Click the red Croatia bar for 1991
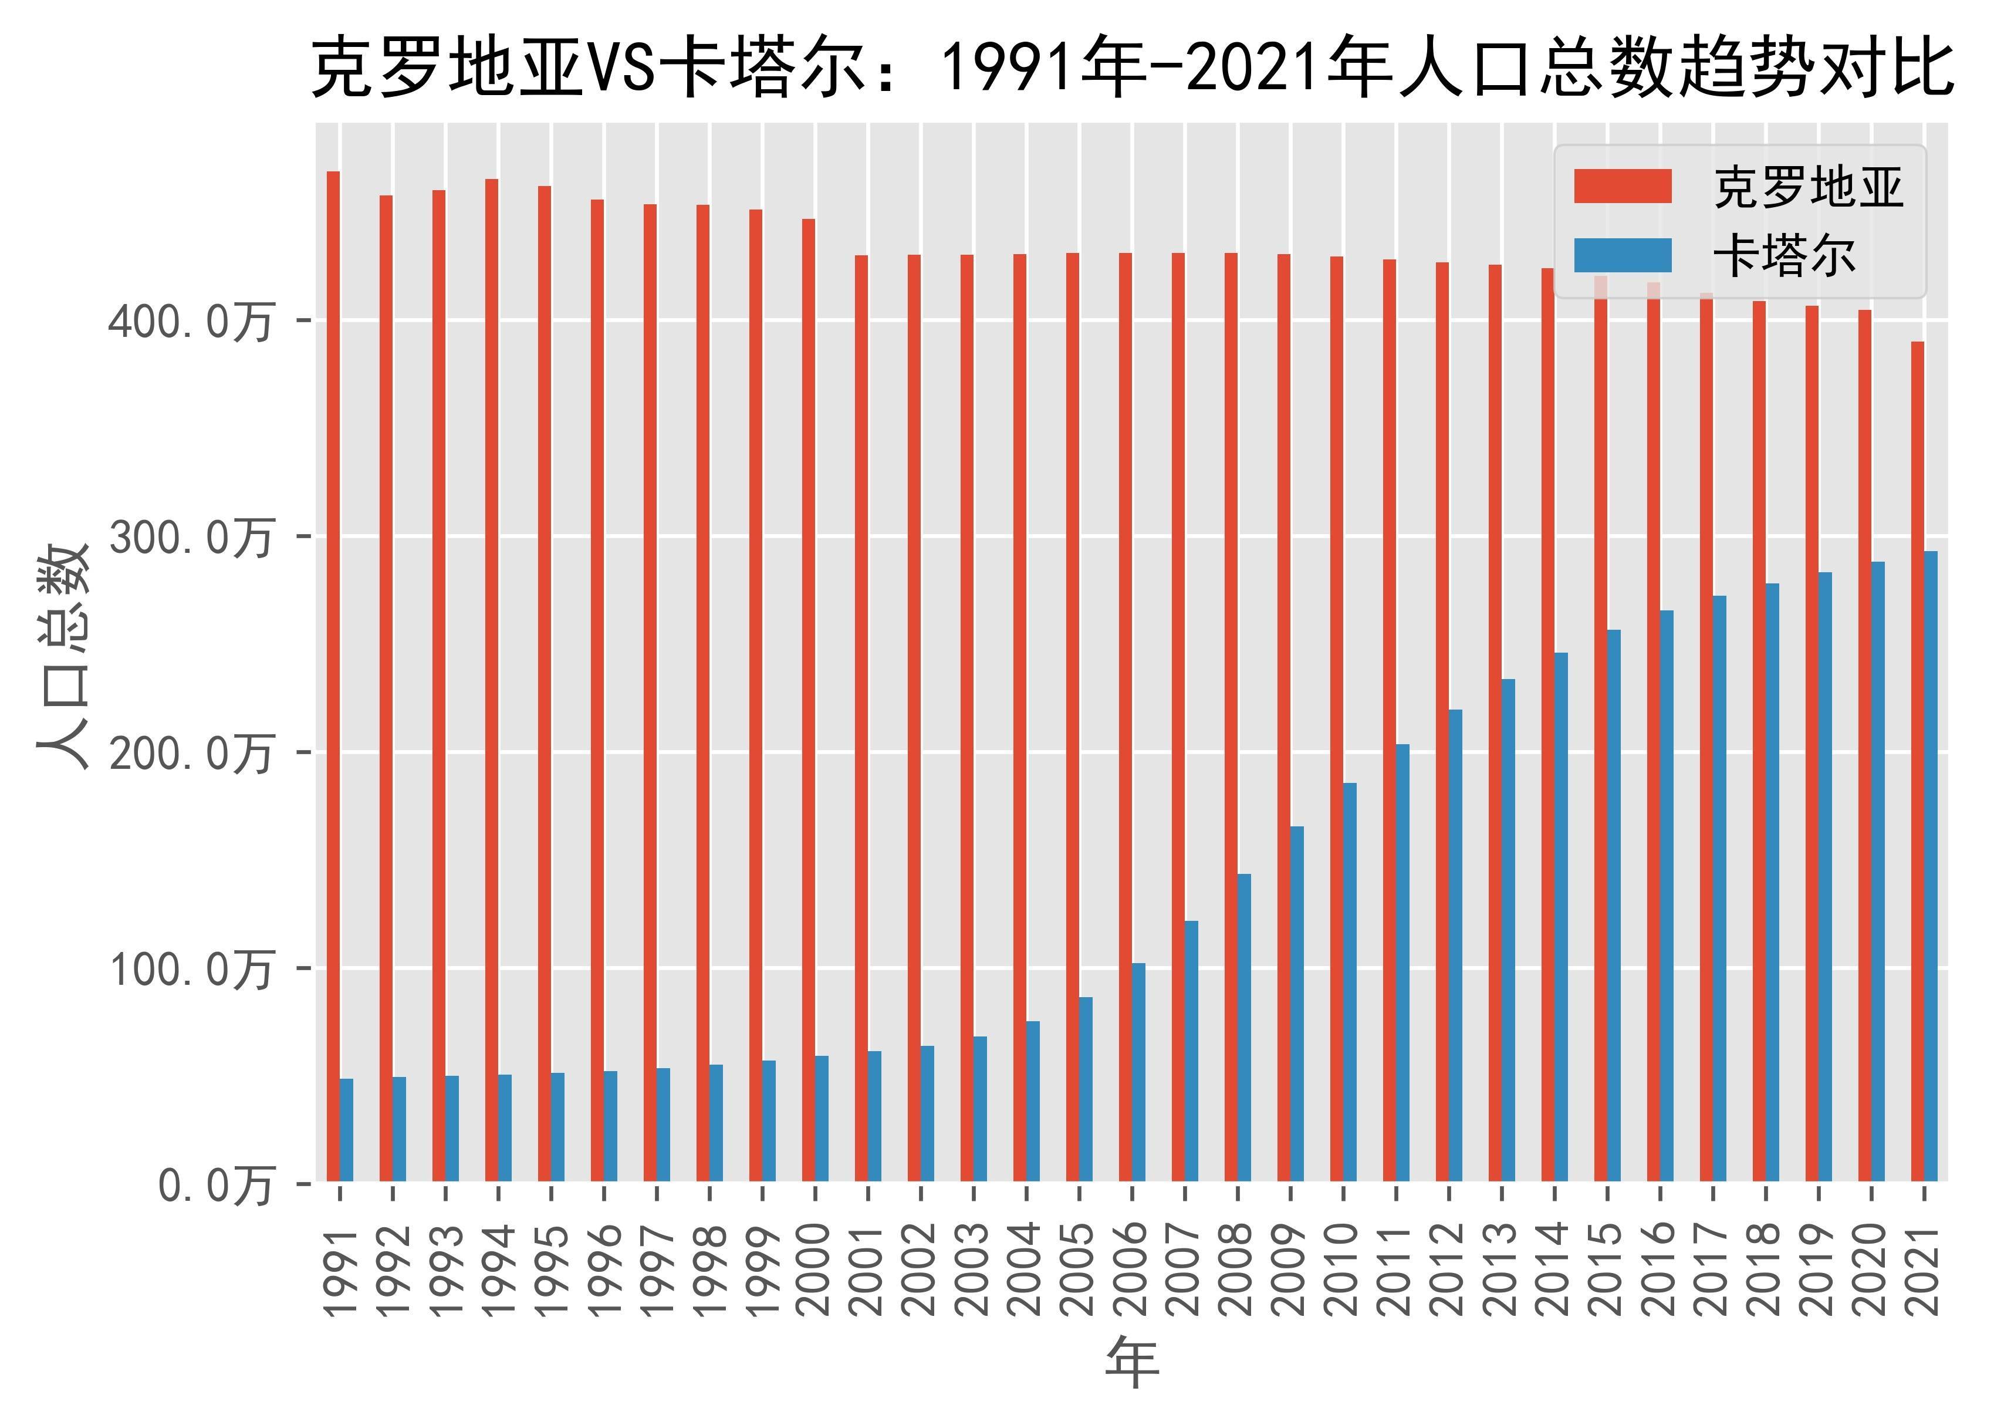333,676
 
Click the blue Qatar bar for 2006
1138,1072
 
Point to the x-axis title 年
1131,1362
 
